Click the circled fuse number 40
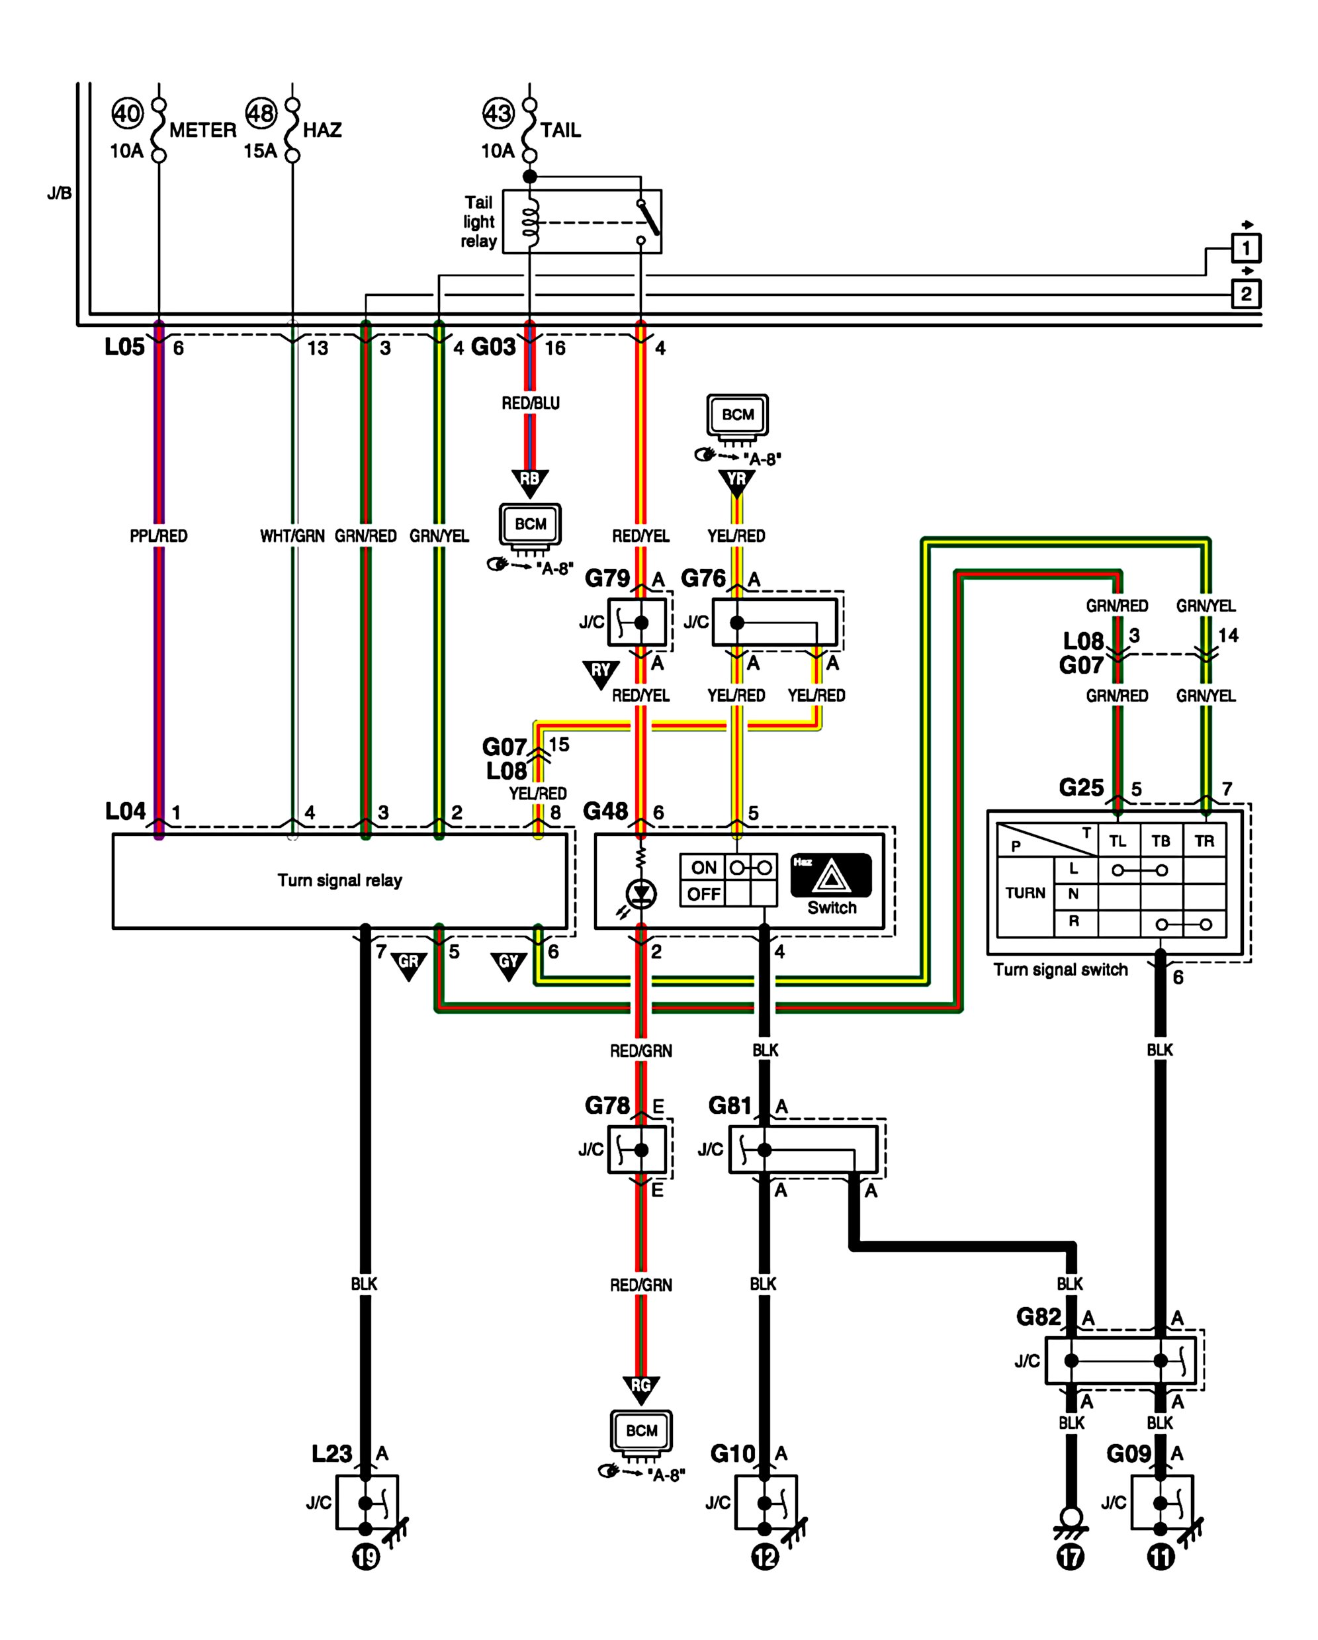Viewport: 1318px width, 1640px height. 127,113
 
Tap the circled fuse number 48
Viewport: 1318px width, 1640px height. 261,113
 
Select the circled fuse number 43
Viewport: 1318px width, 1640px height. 498,113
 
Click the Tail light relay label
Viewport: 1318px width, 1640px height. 478,221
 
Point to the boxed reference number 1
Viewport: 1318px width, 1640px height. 1246,248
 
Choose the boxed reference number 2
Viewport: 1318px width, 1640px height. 1246,294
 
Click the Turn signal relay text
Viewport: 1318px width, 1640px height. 339,880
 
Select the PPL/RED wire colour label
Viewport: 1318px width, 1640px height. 158,536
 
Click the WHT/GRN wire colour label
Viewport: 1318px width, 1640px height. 292,536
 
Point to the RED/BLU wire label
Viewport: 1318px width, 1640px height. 530,403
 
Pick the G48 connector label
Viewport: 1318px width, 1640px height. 605,811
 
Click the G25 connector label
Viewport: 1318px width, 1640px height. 1080,788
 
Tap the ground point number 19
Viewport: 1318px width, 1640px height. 366,1557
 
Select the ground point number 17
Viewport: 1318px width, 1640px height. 1070,1557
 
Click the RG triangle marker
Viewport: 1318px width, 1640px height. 641,1387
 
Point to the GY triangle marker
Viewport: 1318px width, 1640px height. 508,964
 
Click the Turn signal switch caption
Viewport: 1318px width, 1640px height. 1060,970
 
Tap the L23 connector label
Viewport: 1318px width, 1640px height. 331,1453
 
